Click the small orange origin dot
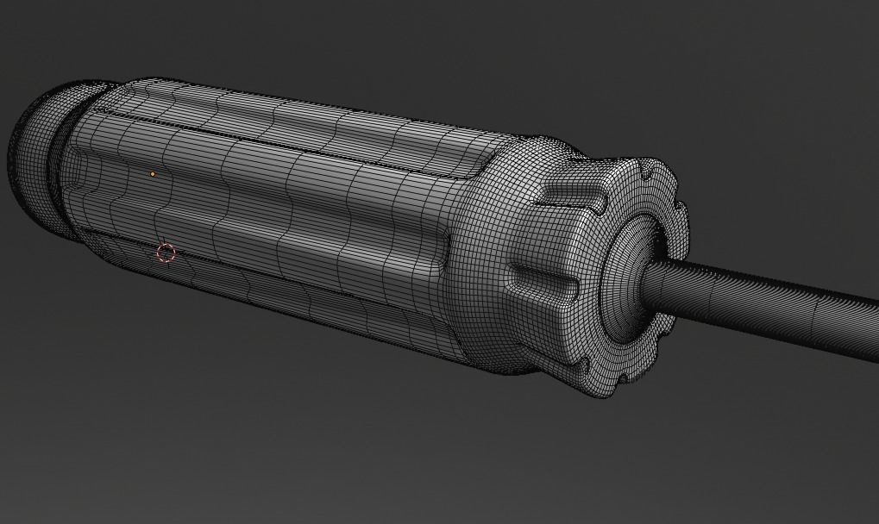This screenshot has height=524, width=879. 153,174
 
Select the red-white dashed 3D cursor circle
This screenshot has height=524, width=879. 166,253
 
